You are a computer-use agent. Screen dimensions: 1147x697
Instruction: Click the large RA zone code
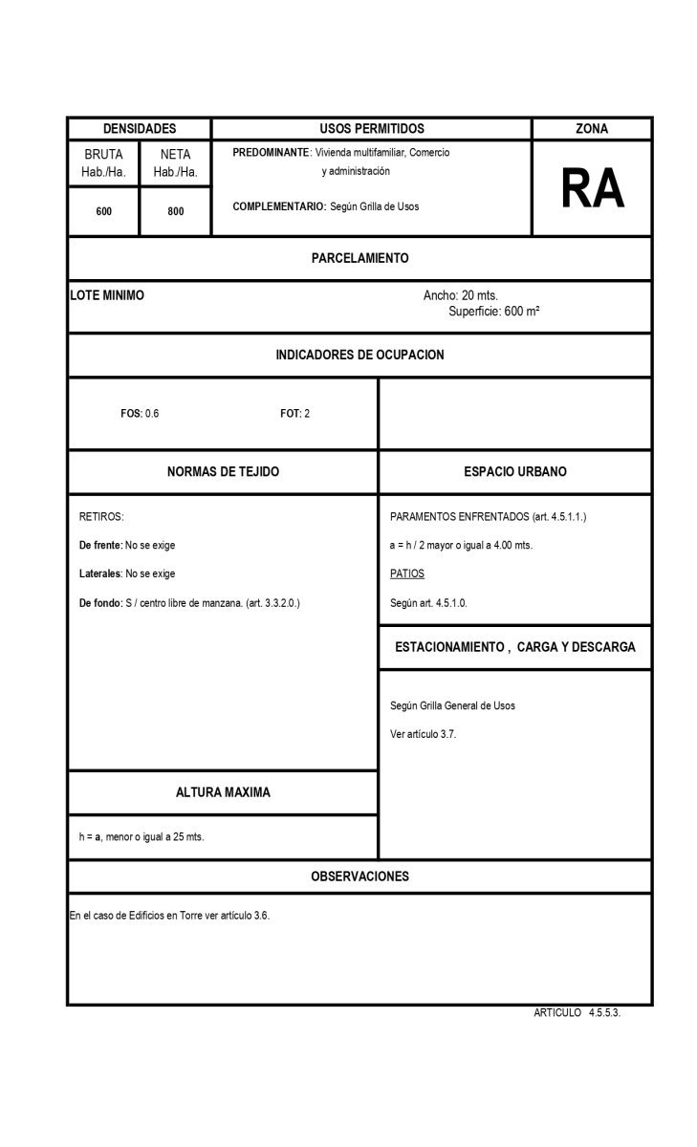click(x=592, y=188)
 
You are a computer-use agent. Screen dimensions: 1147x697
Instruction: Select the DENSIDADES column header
click(x=140, y=129)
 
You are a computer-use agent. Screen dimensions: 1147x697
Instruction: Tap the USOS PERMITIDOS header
click(x=371, y=129)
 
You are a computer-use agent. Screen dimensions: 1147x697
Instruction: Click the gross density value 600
click(x=103, y=211)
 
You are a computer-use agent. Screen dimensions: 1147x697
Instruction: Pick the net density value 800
click(x=176, y=211)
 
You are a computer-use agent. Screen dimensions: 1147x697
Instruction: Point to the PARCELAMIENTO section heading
click(x=359, y=258)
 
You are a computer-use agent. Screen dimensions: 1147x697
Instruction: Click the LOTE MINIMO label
click(x=107, y=295)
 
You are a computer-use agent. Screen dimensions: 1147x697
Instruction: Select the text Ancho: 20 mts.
click(x=461, y=295)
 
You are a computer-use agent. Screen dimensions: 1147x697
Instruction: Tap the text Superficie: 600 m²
click(x=494, y=311)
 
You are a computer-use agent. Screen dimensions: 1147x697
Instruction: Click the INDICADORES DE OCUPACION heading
click(x=359, y=355)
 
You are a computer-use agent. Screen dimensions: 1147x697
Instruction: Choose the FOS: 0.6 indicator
click(x=140, y=414)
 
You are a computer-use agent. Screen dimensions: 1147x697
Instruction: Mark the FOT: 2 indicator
click(x=294, y=414)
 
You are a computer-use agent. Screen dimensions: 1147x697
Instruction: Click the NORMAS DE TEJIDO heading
click(x=223, y=472)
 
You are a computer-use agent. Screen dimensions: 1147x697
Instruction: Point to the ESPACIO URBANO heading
click(x=514, y=472)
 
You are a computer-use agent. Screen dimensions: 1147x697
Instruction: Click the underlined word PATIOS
click(x=407, y=573)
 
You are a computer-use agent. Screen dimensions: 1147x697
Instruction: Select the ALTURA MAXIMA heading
click(x=223, y=792)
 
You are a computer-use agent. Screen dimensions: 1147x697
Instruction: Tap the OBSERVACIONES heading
click(x=359, y=876)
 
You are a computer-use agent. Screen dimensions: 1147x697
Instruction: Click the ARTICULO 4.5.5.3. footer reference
click(x=577, y=1013)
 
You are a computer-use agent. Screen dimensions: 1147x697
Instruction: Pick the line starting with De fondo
click(x=189, y=603)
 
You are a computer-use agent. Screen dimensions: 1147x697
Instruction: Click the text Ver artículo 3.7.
click(x=424, y=734)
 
